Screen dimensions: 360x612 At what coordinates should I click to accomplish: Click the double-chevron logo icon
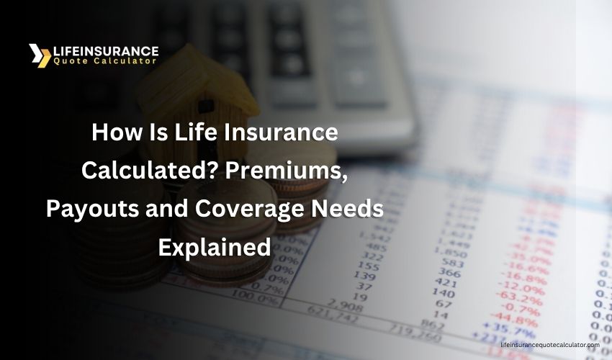point(40,55)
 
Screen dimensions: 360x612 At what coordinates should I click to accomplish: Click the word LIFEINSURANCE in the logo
point(105,51)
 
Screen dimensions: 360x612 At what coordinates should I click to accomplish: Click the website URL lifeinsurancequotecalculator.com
point(549,345)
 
